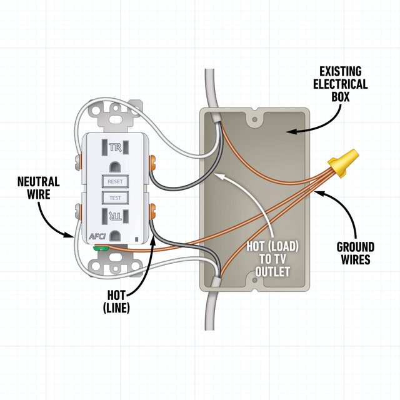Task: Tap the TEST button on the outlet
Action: tap(116, 197)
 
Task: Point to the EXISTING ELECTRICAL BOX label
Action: tap(341, 84)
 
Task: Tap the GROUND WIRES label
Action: tap(354, 252)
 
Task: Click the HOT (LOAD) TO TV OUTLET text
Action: tap(274, 259)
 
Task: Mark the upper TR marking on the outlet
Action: tap(115, 148)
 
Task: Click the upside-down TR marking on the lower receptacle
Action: tap(116, 217)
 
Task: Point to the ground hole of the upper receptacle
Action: tap(116, 167)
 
